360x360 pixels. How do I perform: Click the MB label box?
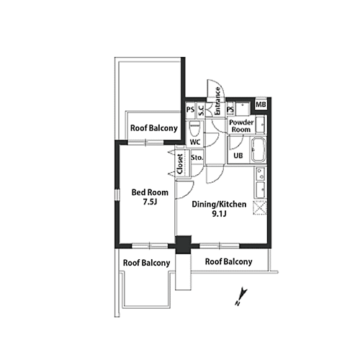pos(261,104)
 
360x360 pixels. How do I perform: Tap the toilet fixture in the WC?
pos(194,129)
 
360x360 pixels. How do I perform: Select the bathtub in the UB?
pos(258,150)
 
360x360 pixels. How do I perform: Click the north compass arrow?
pos(241,297)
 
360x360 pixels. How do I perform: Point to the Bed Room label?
pos(150,192)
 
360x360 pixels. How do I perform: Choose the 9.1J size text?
pos(219,214)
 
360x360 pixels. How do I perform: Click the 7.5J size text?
pos(150,202)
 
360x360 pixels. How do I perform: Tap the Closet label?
pos(180,164)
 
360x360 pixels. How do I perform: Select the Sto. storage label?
pos(197,158)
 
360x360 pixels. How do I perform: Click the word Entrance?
pos(217,101)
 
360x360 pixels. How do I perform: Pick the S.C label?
pos(201,110)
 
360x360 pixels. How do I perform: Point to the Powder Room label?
pos(241,126)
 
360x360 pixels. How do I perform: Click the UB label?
pos(238,156)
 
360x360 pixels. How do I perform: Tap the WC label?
pos(195,143)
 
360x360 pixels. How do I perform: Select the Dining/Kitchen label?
pos(219,204)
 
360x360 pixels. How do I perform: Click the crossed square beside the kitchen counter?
pos(260,207)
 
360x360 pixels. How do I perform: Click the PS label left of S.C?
pos(190,109)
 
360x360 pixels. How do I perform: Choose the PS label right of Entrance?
pos(230,109)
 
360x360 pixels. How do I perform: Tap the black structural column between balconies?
pos(184,244)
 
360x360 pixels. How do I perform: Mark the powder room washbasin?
pos(260,125)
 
